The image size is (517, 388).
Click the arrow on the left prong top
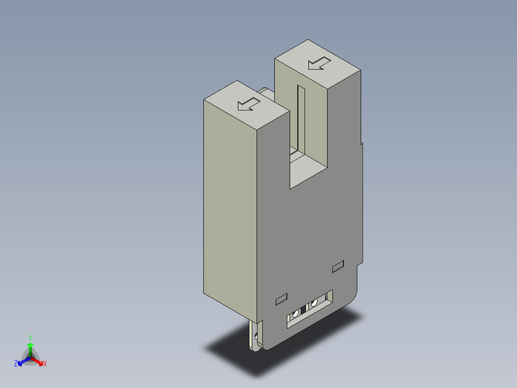tap(249, 104)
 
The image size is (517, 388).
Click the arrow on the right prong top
tap(319, 63)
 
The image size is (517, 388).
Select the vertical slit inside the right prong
tap(300, 117)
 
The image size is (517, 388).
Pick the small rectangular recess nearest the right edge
tap(338, 266)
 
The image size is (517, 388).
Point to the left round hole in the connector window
tap(295, 314)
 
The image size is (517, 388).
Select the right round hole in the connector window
tap(315, 303)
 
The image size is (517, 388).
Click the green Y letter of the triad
tap(30, 338)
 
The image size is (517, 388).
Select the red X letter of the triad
tap(45, 364)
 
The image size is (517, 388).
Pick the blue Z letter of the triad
tap(16, 364)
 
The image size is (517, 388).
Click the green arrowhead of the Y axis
tap(30, 345)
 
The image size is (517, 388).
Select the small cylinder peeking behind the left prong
tap(265, 90)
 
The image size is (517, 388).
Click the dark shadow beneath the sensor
tap(288, 351)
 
